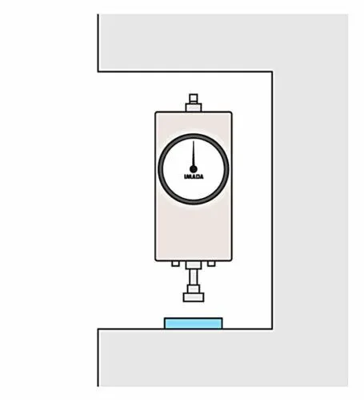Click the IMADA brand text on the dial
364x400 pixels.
(194, 176)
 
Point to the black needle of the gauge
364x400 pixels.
(194, 156)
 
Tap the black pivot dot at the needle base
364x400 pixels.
(194, 169)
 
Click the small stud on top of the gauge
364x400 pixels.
(194, 99)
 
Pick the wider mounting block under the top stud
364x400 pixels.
(194, 107)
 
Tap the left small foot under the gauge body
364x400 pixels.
(175, 264)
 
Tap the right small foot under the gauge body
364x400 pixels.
(211, 264)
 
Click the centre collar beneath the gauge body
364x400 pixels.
(194, 265)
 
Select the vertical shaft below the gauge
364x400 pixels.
(194, 277)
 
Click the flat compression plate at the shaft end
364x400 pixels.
(194, 297)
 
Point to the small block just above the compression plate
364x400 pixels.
(194, 289)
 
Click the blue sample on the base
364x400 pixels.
(194, 323)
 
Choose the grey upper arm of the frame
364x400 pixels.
(185, 42)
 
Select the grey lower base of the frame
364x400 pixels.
(185, 358)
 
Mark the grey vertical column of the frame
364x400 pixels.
(310, 200)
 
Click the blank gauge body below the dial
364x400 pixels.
(194, 232)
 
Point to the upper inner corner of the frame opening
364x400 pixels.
(272, 71)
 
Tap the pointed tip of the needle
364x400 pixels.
(194, 141)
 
